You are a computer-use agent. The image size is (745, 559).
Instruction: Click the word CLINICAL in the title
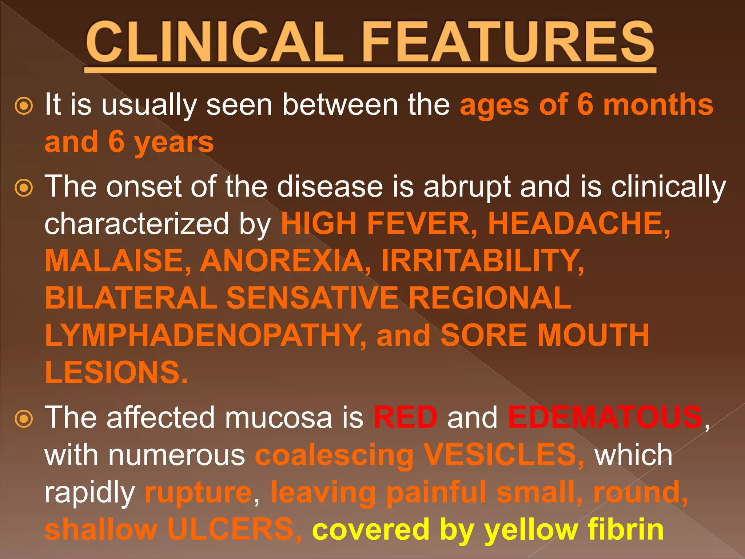[215, 42]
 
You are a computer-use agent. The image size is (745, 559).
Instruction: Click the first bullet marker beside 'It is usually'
[24, 106]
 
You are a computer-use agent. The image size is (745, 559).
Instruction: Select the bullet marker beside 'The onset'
[24, 188]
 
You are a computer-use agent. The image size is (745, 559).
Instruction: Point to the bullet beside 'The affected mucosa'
[24, 419]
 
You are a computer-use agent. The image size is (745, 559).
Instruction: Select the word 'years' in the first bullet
[174, 143]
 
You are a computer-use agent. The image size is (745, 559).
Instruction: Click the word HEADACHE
[578, 223]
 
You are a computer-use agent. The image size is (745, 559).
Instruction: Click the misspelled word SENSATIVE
[312, 298]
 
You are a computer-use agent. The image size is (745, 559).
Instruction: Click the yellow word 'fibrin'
[626, 529]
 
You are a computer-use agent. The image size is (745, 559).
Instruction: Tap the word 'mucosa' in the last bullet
[279, 418]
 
